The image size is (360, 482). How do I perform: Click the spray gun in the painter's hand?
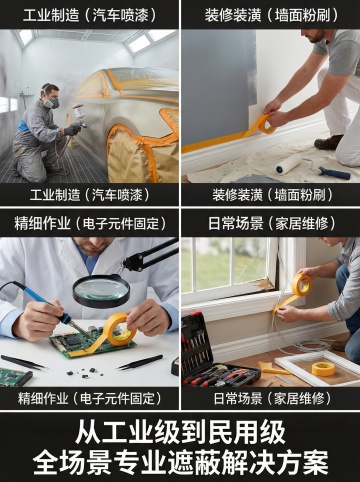point(78,115)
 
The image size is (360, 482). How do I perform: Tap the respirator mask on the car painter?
point(50,101)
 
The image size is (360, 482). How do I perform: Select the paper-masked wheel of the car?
point(130,154)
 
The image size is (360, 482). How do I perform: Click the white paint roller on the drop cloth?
point(289,164)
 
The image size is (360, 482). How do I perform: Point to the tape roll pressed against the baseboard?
point(267,123)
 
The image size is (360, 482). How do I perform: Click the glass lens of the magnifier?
point(101,288)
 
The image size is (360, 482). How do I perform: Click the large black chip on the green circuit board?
point(72,341)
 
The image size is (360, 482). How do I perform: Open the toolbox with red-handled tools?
point(213,353)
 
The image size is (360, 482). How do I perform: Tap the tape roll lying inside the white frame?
point(323,369)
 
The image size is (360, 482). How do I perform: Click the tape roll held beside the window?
point(302,285)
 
